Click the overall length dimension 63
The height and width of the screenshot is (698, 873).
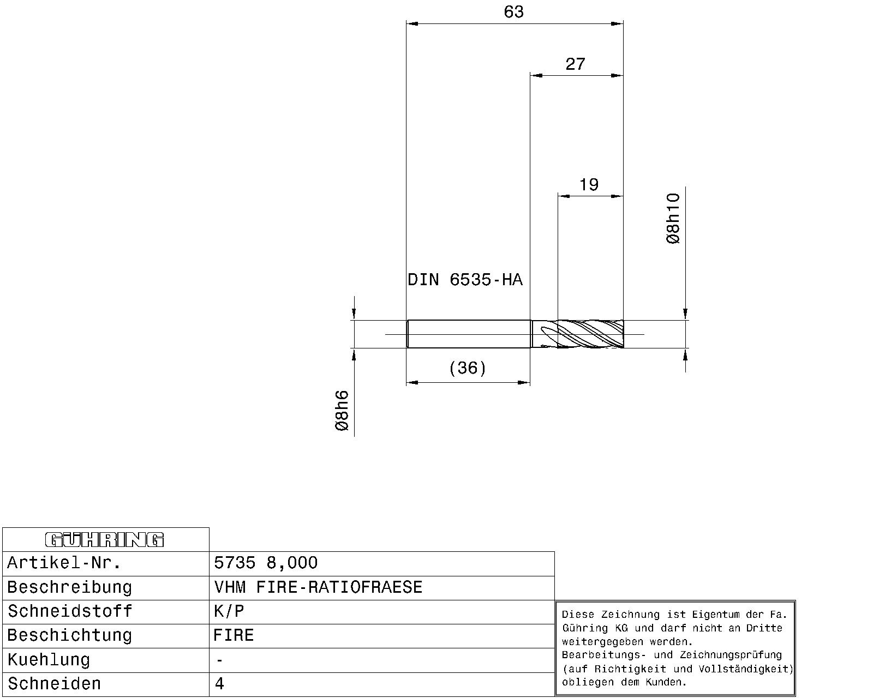513,12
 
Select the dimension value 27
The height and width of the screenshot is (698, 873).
575,64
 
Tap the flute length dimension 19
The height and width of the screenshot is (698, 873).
589,185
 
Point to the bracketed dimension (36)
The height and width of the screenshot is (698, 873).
468,368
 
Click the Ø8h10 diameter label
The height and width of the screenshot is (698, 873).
673,218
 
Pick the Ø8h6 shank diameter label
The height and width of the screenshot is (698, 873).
342,411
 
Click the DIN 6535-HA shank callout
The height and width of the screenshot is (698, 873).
465,280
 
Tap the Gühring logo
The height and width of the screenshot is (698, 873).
104,540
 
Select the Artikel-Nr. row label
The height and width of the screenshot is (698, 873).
64,563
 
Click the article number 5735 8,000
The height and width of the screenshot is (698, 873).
266,563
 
